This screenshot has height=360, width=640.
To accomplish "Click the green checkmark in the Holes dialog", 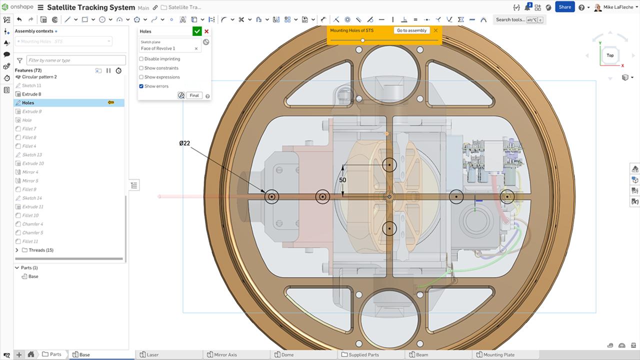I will [197, 31].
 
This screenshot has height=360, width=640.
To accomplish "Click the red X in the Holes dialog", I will [206, 31].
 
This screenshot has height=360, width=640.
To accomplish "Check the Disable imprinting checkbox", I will [141, 59].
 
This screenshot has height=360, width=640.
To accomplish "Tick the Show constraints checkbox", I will [141, 68].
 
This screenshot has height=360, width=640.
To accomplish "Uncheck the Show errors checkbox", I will [141, 86].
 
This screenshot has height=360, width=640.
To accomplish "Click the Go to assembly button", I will [411, 30].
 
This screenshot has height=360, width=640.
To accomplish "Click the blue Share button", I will [565, 7].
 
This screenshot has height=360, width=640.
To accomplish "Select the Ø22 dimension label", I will [184, 143].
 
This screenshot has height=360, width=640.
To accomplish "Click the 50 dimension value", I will [342, 180].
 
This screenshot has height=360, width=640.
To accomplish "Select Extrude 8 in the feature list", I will [31, 94].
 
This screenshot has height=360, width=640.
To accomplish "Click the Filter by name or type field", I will [75, 60].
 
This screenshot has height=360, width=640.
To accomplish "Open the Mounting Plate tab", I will [498, 354].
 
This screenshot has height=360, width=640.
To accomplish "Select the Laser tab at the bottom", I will [152, 354].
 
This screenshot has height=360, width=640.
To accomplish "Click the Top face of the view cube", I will [610, 55].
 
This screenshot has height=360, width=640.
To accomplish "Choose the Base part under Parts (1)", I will [33, 276].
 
